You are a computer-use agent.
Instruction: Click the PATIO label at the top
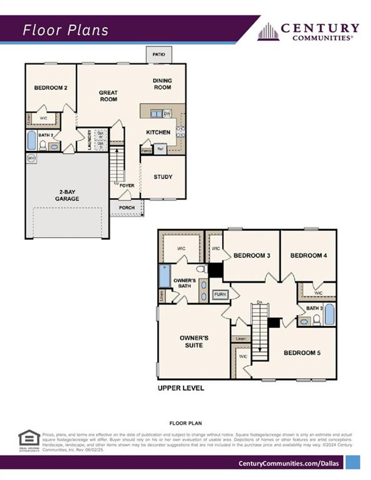pyautogui.click(x=159, y=54)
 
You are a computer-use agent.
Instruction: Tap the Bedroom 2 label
pyautogui.click(x=51, y=88)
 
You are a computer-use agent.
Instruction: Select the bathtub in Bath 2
pyautogui.click(x=32, y=140)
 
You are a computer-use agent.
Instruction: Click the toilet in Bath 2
pyautogui.click(x=43, y=146)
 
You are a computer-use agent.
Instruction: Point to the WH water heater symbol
pyautogui.click(x=32, y=158)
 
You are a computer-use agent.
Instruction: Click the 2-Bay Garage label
pyautogui.click(x=67, y=195)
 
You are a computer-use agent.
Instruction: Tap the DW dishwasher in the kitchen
pyautogui.click(x=167, y=114)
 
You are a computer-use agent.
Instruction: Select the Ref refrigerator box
pyautogui.click(x=160, y=149)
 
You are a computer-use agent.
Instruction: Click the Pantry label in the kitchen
pyautogui.click(x=146, y=151)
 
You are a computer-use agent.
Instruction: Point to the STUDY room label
pyautogui.click(x=163, y=177)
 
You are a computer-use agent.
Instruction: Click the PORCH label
pyautogui.click(x=127, y=208)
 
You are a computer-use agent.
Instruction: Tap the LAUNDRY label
pyautogui.click(x=89, y=140)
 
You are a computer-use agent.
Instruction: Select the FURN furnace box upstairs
pyautogui.click(x=220, y=294)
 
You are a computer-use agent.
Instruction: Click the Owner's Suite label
pyautogui.click(x=194, y=342)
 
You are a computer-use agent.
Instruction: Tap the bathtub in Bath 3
pyautogui.click(x=329, y=314)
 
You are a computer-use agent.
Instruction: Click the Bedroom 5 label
pyautogui.click(x=302, y=353)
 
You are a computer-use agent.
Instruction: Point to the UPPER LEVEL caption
pyautogui.click(x=181, y=388)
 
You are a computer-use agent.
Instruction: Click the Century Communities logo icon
pyautogui.click(x=268, y=32)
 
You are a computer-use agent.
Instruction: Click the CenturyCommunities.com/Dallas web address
pyautogui.click(x=289, y=463)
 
